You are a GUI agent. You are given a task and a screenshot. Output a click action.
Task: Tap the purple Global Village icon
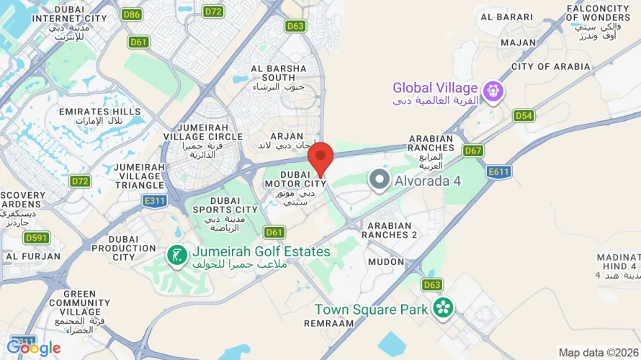point(494,91)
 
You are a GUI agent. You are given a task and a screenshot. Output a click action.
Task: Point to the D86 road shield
point(132,14)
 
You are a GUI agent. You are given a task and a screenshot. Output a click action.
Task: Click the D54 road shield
point(524,115)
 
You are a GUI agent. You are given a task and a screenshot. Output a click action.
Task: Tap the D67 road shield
point(472,150)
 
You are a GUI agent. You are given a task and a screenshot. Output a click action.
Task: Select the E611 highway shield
point(498,172)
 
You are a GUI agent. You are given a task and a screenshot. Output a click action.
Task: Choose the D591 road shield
point(36,238)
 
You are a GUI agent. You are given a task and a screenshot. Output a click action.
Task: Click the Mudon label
point(386,262)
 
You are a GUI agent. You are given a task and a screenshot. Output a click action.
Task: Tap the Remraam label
point(328,323)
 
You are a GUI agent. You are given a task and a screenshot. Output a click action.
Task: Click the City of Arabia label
point(550,67)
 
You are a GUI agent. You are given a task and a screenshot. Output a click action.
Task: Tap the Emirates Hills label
point(100,112)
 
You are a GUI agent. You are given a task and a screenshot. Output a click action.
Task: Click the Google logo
point(34,348)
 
